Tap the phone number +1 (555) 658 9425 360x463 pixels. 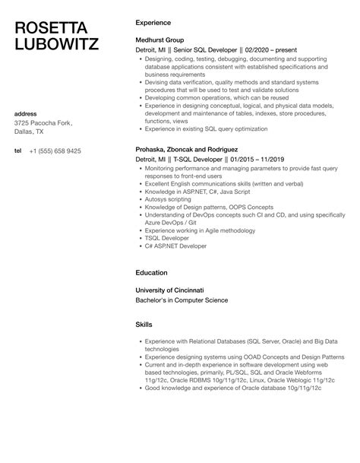point(55,151)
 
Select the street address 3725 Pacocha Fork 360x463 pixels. point(44,123)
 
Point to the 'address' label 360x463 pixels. point(27,113)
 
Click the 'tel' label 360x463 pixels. point(18,151)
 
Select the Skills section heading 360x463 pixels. point(144,324)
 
